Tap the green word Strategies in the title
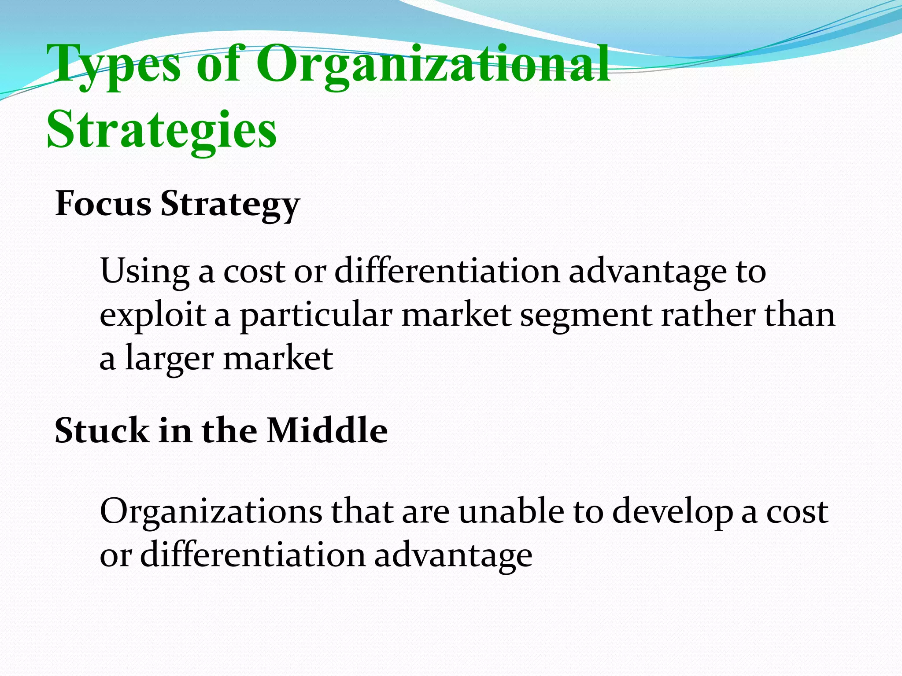(x=162, y=130)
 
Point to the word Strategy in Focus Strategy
(x=230, y=205)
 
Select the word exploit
(x=152, y=316)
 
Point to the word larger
(x=170, y=359)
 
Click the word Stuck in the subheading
(x=102, y=430)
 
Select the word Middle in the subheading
(x=327, y=430)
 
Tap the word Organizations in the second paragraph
(x=211, y=512)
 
